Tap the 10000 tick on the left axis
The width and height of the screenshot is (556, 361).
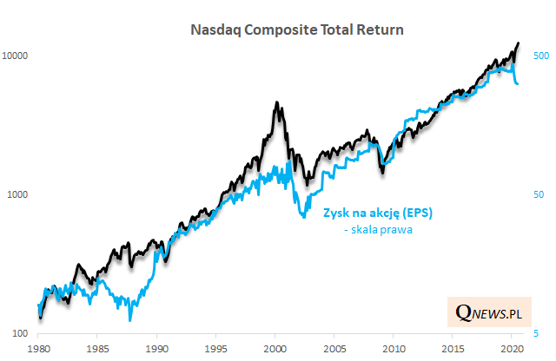17,56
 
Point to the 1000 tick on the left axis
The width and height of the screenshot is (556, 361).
19,194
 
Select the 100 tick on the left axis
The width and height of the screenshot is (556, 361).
22,333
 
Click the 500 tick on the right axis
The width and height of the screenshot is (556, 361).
539,56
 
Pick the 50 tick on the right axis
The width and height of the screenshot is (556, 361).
537,194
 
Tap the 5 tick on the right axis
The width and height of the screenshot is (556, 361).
534,333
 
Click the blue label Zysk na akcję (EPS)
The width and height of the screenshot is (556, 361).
378,213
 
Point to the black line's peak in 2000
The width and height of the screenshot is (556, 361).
276,103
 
